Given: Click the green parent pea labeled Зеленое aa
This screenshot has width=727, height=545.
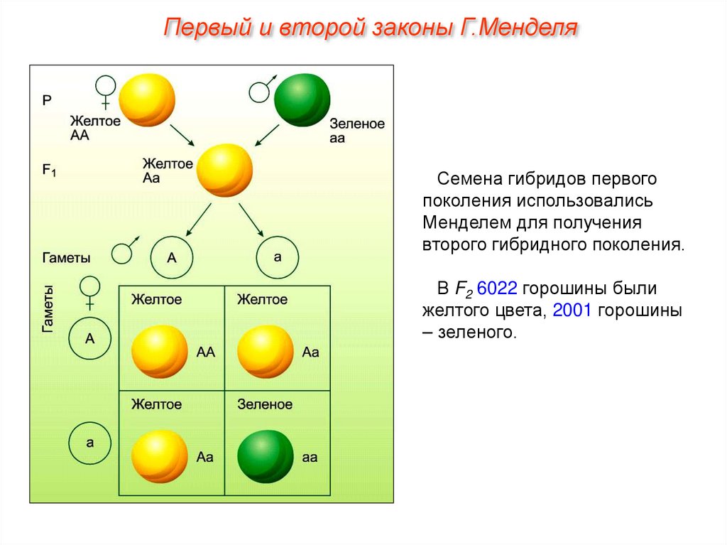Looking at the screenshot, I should [302, 101].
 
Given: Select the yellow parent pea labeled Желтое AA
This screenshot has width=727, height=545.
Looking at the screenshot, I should [147, 100].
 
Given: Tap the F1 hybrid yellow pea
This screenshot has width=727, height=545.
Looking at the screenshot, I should [224, 171].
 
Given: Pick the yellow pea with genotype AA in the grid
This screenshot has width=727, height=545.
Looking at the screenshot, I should [159, 352].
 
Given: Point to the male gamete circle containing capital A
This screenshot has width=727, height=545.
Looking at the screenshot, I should [172, 257].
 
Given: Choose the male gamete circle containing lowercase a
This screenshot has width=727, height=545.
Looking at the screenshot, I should [277, 257].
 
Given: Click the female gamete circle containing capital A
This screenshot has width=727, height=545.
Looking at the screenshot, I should [90, 339].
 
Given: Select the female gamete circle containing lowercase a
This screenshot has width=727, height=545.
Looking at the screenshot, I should [90, 443].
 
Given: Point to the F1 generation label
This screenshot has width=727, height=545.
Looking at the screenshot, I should [49, 171].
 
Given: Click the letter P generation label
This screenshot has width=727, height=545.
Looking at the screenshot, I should [46, 100].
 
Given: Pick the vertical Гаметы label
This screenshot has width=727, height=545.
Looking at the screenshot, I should [48, 308].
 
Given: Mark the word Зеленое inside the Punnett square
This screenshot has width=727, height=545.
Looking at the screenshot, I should [264, 404].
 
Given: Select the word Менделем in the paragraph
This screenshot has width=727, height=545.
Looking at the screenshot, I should [462, 222].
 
